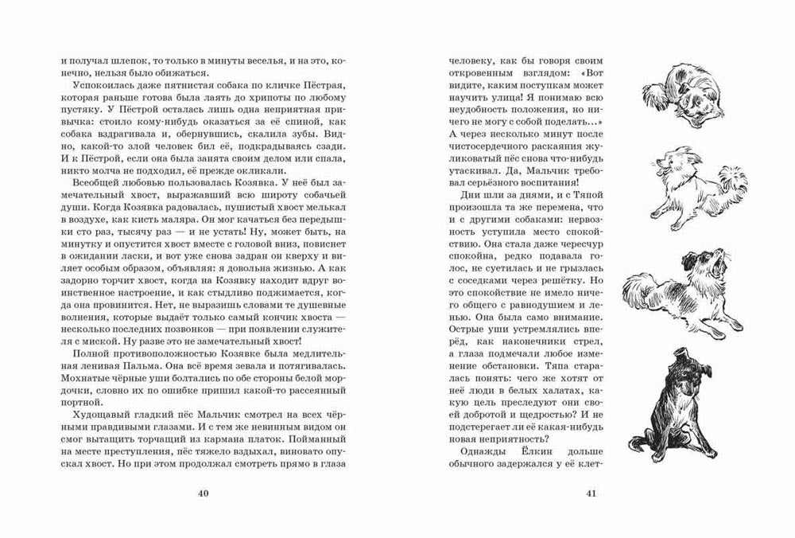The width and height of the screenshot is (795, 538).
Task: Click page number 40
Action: [x=202, y=495]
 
